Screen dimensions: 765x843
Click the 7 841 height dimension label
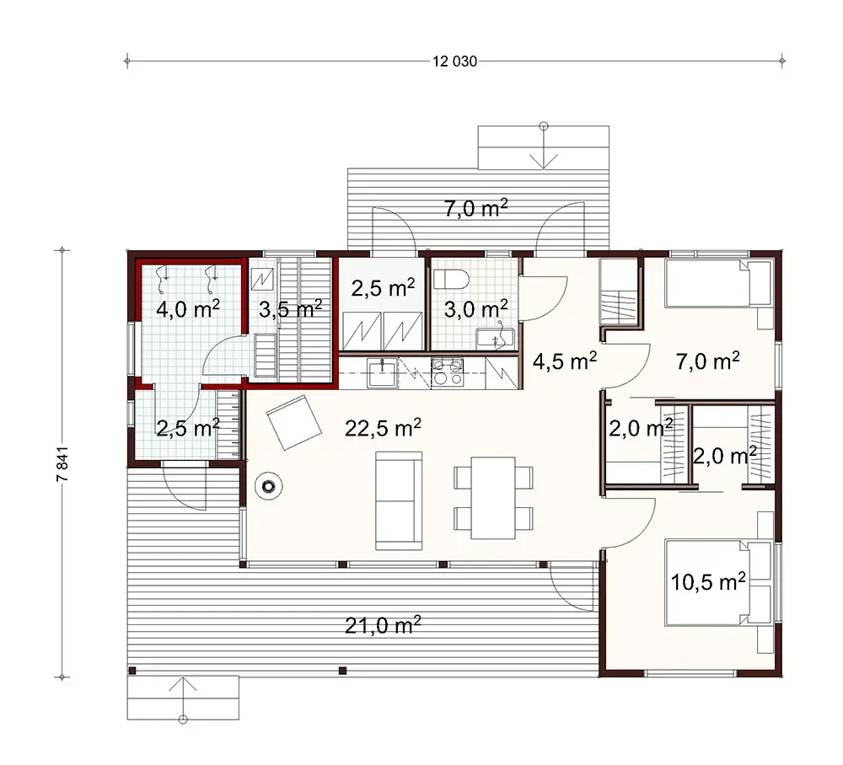pyautogui.click(x=61, y=463)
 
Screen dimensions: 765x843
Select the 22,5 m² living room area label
pyautogui.click(x=383, y=429)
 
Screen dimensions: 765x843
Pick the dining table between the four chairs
pyautogui.click(x=493, y=497)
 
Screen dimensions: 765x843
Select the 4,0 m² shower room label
pyautogui.click(x=188, y=308)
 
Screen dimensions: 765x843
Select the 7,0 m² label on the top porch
pyautogui.click(x=475, y=209)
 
